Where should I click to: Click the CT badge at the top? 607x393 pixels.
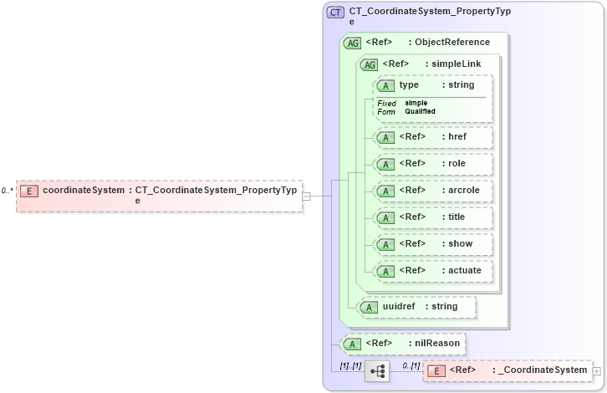tap(335, 13)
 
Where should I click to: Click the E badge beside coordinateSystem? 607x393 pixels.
tap(28, 191)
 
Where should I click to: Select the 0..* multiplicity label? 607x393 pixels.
tap(7, 191)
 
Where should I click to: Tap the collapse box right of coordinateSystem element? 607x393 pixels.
tap(306, 196)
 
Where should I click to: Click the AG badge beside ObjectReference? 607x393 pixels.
tap(352, 43)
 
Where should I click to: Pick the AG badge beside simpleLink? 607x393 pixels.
tap(368, 64)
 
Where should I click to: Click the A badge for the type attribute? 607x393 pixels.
tap(385, 85)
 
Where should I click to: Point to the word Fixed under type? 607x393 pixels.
tap(386, 103)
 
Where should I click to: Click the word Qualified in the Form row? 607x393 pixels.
tap(420, 111)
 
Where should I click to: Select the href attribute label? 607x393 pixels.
tap(457, 137)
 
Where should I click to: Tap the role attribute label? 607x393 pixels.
tap(457, 164)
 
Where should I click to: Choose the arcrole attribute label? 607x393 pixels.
tap(463, 191)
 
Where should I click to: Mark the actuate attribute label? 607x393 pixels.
tap(465, 271)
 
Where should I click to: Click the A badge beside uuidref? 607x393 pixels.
tap(369, 307)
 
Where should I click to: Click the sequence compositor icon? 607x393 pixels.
tap(377, 370)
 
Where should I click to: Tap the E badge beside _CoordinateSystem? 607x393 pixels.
tap(436, 370)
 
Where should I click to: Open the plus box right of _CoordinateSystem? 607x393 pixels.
tap(596, 370)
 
